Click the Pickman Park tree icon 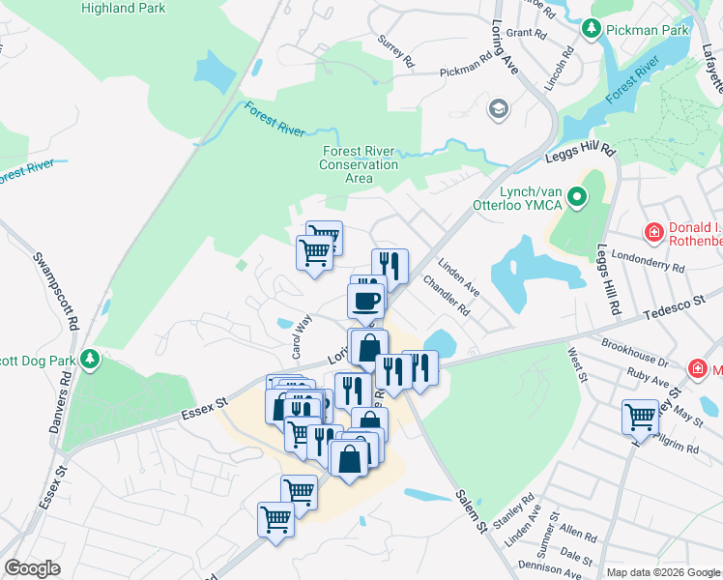pos(592,30)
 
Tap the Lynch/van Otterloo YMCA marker pos(578,199)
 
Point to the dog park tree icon pos(90,360)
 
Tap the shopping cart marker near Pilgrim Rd pos(640,418)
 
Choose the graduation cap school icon pos(499,107)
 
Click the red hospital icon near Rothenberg pos(654,232)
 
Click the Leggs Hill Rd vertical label pos(609,280)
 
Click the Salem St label pos(470,508)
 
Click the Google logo pos(32,568)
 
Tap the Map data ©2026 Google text pos(663,572)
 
